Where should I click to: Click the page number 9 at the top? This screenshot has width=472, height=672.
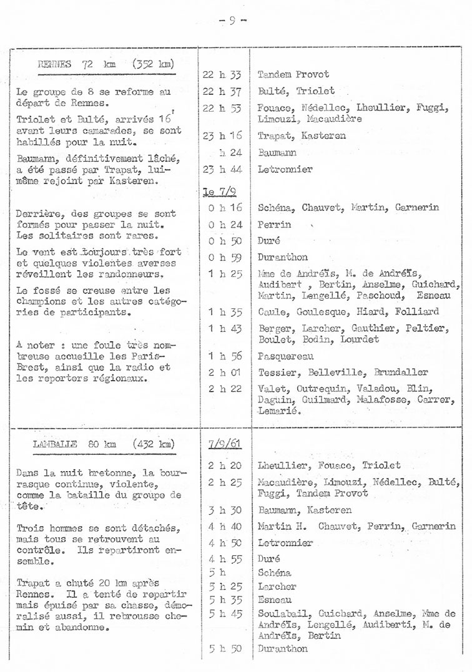click(x=232, y=20)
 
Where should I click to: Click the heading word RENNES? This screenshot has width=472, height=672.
click(x=54, y=64)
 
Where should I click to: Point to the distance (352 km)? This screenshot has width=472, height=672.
click(x=153, y=64)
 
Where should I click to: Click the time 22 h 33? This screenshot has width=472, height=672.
click(x=222, y=75)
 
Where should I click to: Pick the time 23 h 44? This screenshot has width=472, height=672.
click(x=222, y=169)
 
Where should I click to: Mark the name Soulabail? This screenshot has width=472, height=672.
click(x=282, y=613)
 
